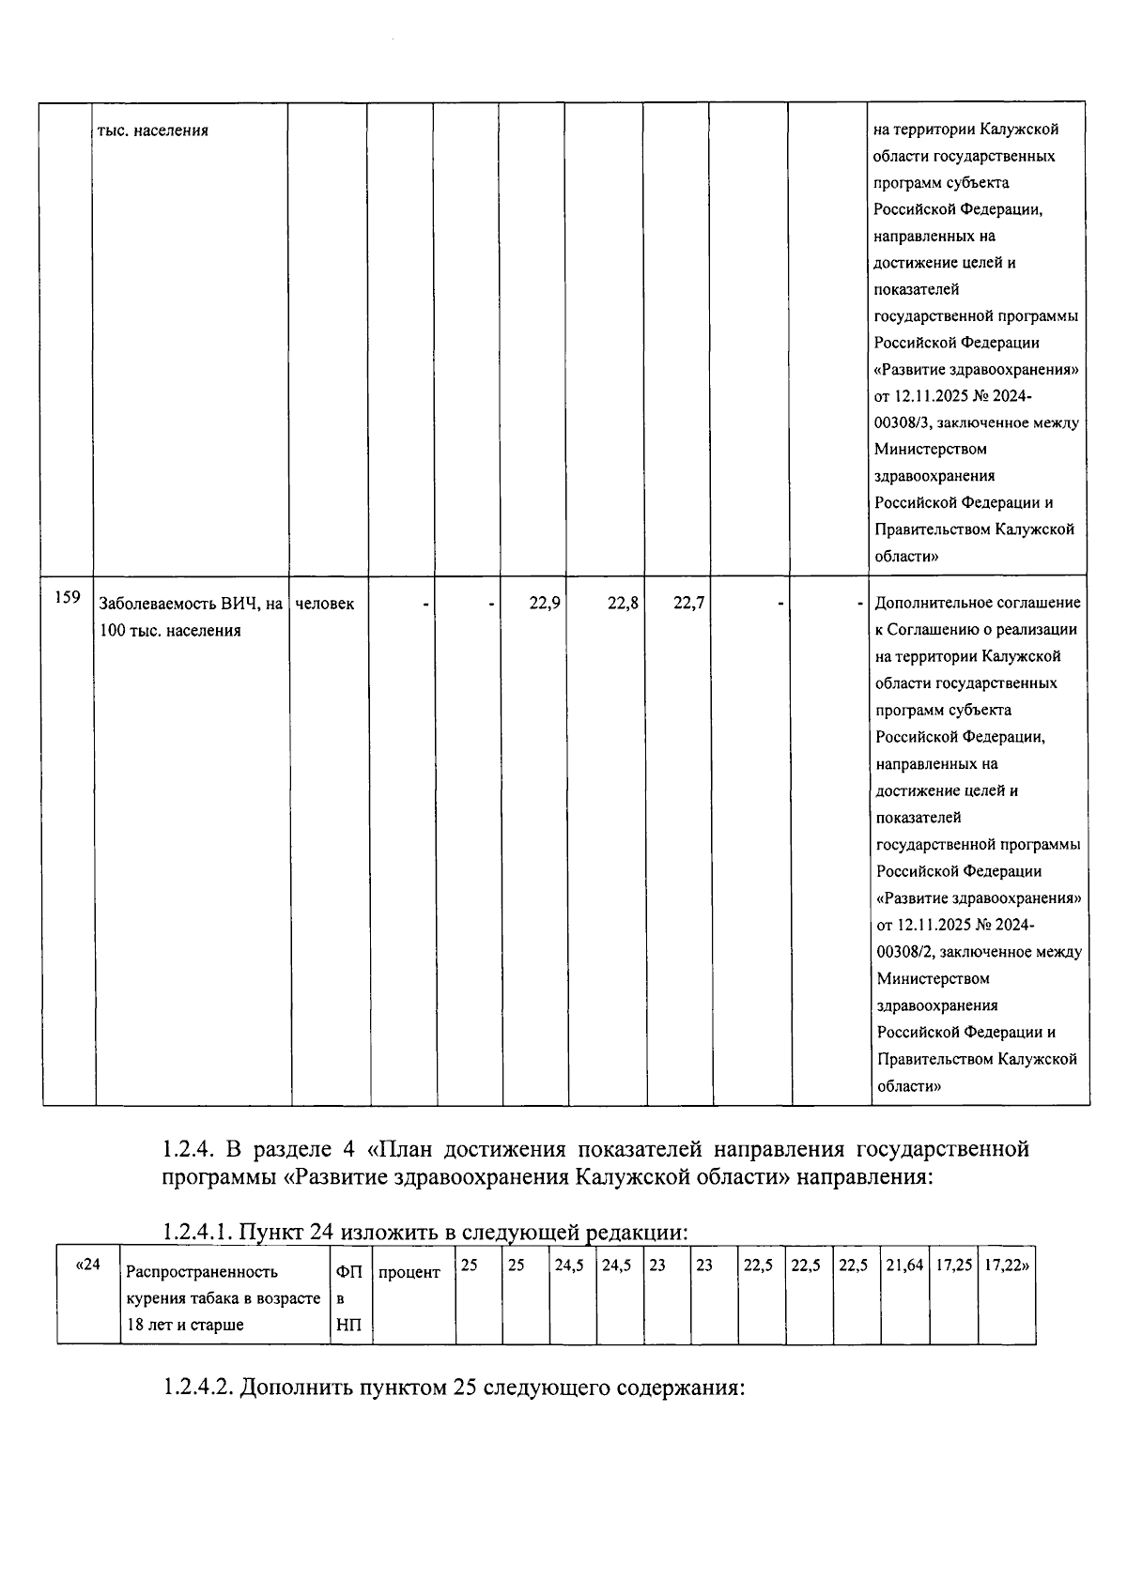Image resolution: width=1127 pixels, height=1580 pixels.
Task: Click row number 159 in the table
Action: coord(67,597)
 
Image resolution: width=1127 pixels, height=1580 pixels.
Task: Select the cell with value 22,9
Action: coord(544,604)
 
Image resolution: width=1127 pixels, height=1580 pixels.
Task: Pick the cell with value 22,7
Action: coord(688,604)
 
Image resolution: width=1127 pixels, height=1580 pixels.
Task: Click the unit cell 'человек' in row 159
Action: coord(325,604)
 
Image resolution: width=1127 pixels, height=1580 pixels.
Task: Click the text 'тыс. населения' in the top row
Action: coord(153,130)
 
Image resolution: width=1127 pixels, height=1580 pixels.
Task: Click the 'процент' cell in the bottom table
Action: coord(409,1273)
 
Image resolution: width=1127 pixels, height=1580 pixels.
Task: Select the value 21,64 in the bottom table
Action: coord(904,1266)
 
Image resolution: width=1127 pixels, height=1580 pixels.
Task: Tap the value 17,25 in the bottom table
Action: coord(953,1266)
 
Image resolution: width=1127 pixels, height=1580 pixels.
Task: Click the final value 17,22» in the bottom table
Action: coord(1006,1266)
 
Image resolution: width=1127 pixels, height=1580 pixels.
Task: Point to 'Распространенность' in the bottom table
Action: coord(202,1272)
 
